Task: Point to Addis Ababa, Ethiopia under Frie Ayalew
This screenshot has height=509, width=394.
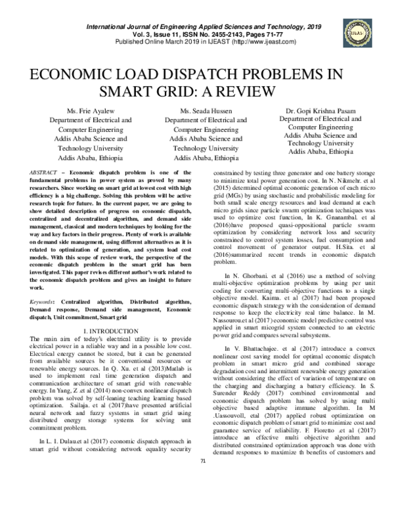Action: pos(85,158)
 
